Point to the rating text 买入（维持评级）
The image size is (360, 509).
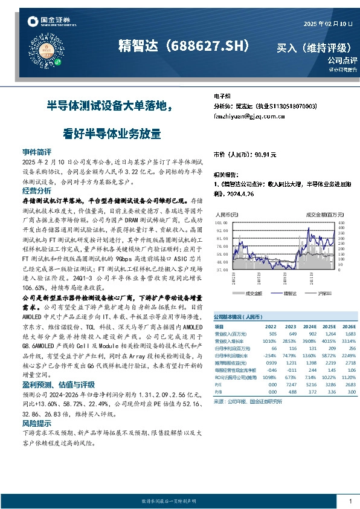(x=313, y=47)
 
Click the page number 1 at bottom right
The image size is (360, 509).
(x=350, y=501)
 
